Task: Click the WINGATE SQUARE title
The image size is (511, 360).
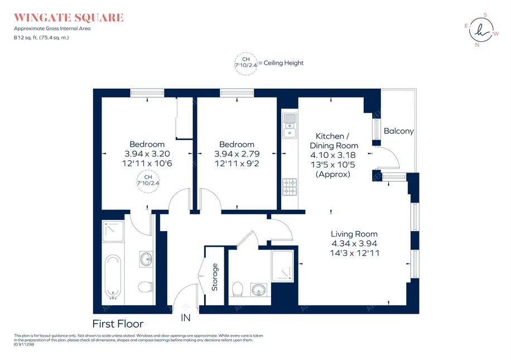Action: click(x=69, y=17)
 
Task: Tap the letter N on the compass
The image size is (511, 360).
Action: click(x=477, y=45)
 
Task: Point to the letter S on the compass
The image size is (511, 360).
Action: click(x=485, y=15)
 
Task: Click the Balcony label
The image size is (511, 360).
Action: click(x=399, y=131)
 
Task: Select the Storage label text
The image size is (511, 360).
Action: click(x=215, y=277)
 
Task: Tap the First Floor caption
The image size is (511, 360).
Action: click(x=118, y=324)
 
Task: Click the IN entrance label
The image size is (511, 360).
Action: click(x=185, y=318)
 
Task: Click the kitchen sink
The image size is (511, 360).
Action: click(x=289, y=126)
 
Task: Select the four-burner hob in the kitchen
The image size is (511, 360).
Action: click(x=290, y=187)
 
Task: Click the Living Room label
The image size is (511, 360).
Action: click(x=354, y=234)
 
